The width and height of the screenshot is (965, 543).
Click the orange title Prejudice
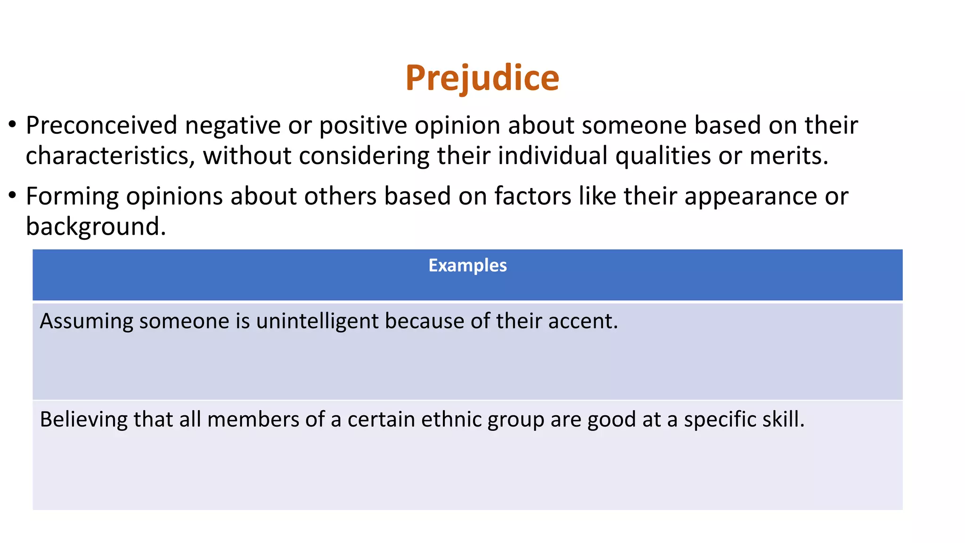[x=482, y=78]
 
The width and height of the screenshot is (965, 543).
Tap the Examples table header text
[x=467, y=265]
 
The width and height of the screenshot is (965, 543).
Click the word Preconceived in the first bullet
[x=101, y=126]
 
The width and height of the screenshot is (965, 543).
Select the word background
[x=95, y=227]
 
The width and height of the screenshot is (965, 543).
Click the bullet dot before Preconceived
[x=12, y=125]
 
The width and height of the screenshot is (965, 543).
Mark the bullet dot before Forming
[x=12, y=195]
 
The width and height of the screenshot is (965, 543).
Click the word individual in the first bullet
[x=552, y=156]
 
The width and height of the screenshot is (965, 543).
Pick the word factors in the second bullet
[x=532, y=196]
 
